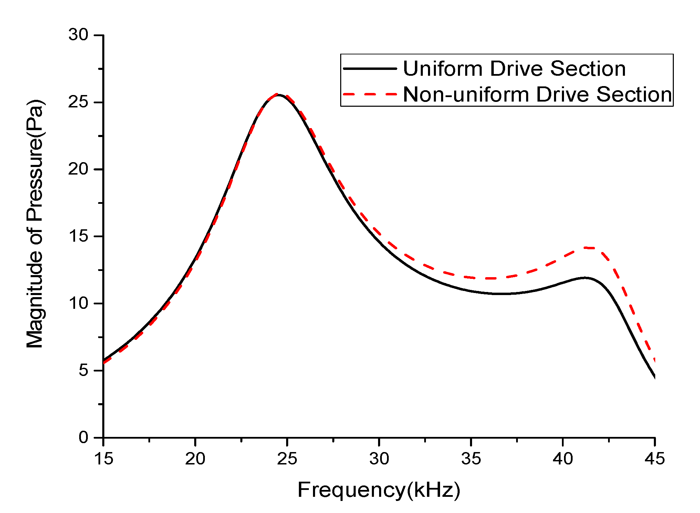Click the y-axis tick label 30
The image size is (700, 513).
pos(79,35)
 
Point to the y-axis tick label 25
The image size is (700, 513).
pos(79,102)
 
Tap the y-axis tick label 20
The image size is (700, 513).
pos(79,169)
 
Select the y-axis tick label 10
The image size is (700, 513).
pos(79,303)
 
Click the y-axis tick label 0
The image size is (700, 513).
pos(83,438)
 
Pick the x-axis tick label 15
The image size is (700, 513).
pos(103,459)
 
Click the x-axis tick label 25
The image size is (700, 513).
pos(287,459)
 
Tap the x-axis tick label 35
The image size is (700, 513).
pos(471,459)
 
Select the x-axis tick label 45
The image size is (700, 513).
pos(655,459)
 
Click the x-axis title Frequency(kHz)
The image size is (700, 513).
pos(379,490)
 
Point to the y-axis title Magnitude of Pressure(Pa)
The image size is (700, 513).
pos(35,224)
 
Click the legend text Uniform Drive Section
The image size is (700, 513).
pos(514,69)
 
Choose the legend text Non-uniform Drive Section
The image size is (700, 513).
pos(537,94)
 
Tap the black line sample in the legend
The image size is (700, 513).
pos(370,69)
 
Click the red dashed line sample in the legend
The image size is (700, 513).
pos(370,94)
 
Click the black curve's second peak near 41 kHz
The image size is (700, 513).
pos(584,278)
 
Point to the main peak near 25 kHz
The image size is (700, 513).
pos(279,95)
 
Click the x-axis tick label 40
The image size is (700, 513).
pos(563,459)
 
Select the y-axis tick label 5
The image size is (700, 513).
pos(83,370)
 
